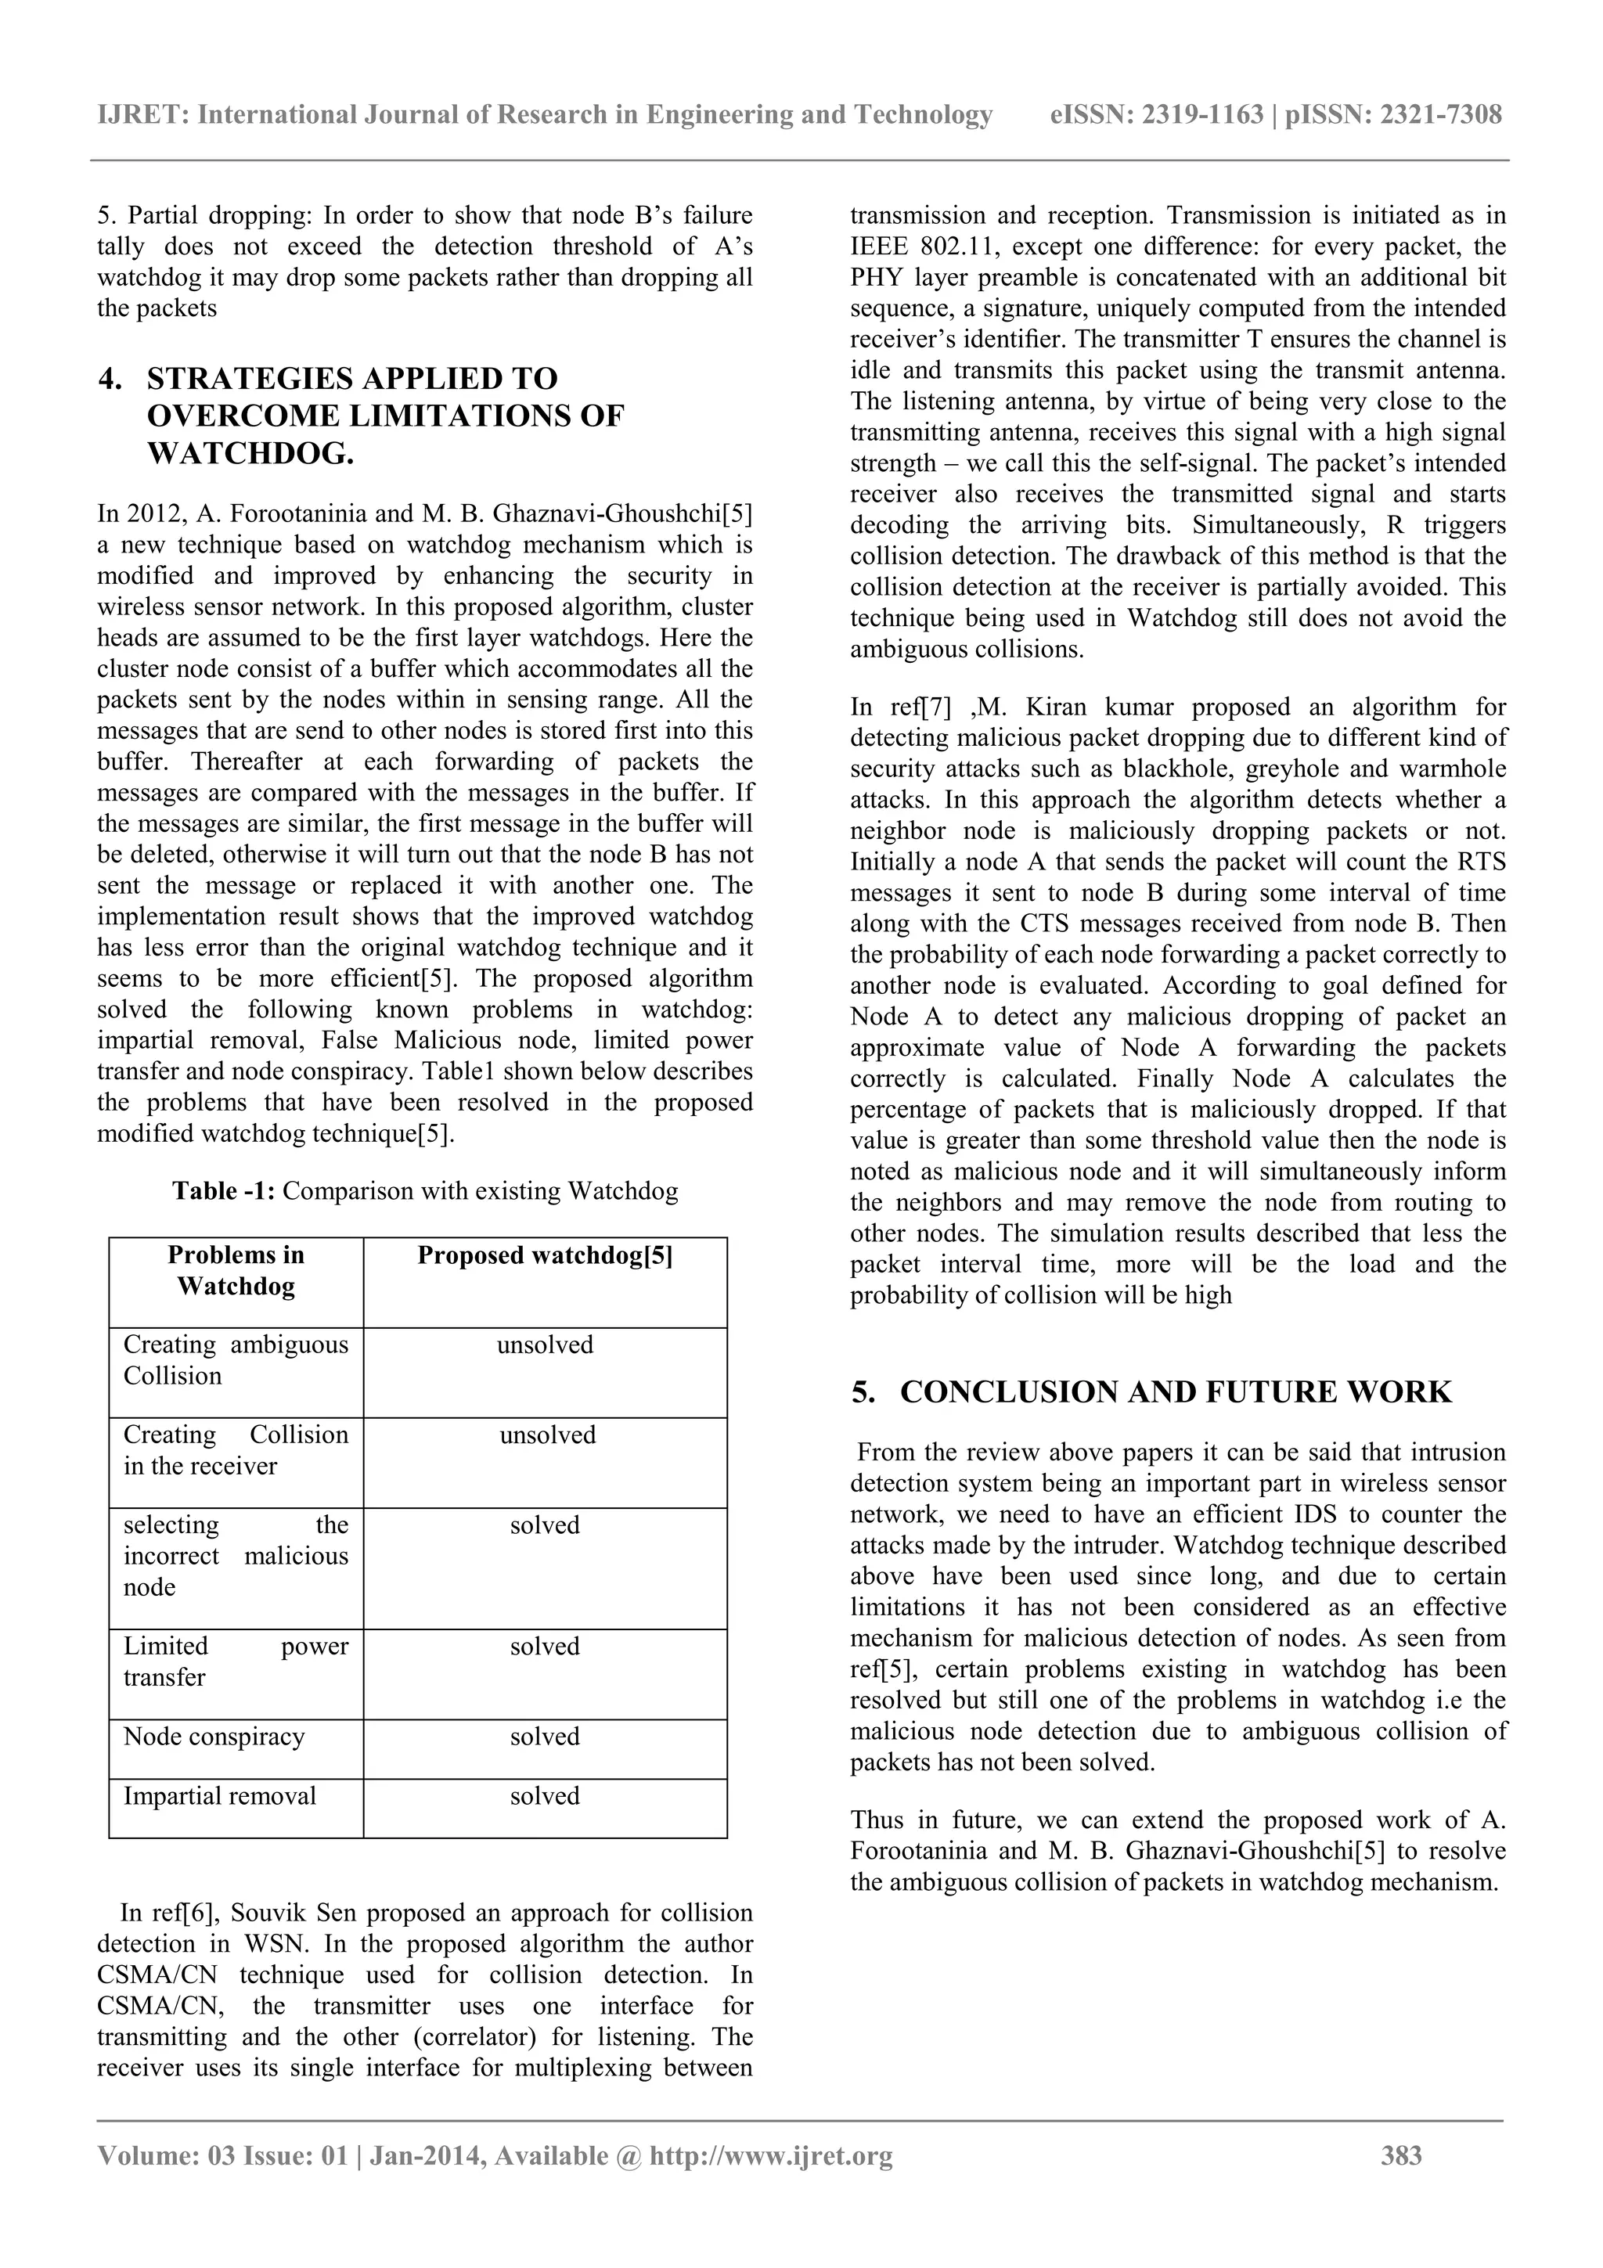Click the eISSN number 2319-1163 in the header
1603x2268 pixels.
(1203, 116)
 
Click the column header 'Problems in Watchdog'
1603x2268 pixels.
(236, 1270)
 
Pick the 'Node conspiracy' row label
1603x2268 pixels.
(214, 1737)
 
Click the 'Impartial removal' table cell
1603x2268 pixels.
(219, 1796)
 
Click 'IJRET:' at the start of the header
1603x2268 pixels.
(143, 116)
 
